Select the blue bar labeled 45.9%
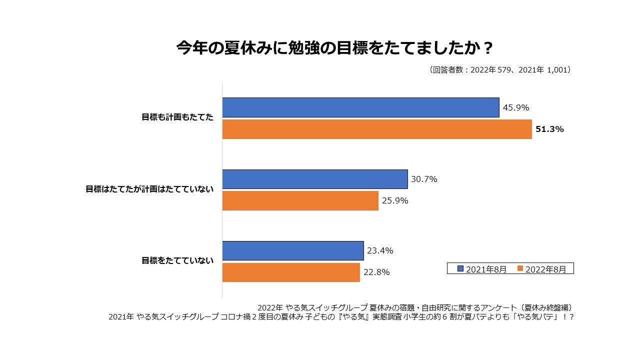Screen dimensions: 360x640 click(x=360, y=107)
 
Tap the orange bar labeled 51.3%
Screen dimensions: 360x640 click(x=377, y=129)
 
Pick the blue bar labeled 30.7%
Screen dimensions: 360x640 click(x=315, y=179)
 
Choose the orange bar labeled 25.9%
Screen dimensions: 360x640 click(x=300, y=200)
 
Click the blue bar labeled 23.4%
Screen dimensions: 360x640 click(x=292, y=250)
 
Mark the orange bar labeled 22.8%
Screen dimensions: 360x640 click(x=291, y=272)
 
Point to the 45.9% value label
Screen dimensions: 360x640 click(x=516, y=107)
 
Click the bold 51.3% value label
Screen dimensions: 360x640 click(x=549, y=129)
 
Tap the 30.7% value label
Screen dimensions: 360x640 click(x=424, y=179)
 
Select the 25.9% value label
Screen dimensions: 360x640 click(x=395, y=200)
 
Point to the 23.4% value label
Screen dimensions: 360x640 click(x=380, y=250)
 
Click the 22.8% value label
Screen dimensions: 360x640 click(x=376, y=272)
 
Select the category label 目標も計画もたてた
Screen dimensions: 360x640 click(x=177, y=117)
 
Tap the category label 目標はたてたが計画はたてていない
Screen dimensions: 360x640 click(x=149, y=189)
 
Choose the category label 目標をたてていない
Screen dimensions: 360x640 click(x=177, y=260)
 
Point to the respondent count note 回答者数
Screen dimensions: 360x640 click(x=499, y=70)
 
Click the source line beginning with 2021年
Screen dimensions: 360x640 click(x=340, y=317)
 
